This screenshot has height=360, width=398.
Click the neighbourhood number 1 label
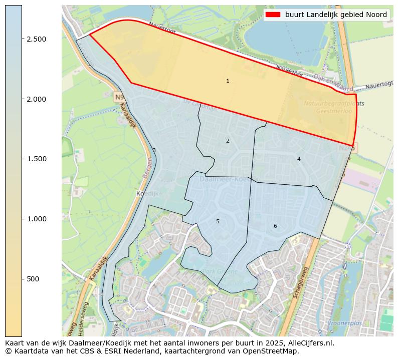(x=228, y=81)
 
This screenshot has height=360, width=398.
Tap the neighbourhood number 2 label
(x=228, y=141)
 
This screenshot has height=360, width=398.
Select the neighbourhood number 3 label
(x=154, y=150)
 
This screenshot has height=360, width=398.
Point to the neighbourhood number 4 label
(x=299, y=159)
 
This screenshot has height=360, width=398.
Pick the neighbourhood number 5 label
(x=218, y=221)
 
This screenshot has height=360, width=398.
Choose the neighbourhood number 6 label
(x=275, y=226)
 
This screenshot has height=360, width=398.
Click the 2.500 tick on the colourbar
(x=22, y=39)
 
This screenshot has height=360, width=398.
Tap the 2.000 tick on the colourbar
(x=22, y=99)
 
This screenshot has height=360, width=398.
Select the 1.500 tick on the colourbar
(x=22, y=159)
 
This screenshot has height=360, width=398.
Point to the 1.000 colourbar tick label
(x=36, y=219)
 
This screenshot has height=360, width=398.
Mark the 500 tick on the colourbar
(x=22, y=279)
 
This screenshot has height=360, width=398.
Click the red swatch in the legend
(x=274, y=15)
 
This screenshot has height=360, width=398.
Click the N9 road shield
(x=119, y=97)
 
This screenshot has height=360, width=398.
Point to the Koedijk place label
(x=147, y=193)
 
